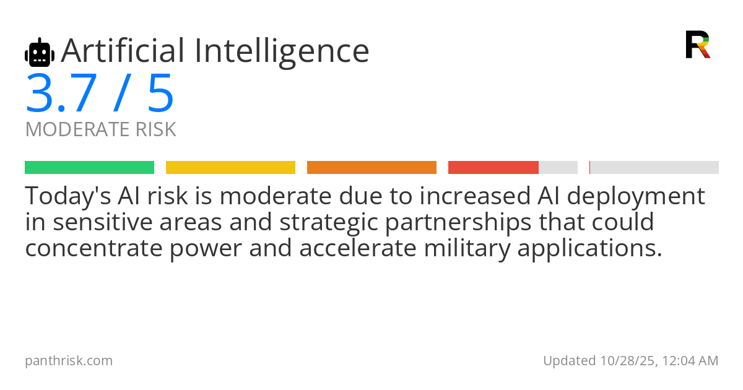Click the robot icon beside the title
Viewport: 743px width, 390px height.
(40, 52)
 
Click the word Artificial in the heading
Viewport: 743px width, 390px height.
(123, 50)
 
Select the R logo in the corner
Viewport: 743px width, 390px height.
(698, 45)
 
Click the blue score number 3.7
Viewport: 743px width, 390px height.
(61, 93)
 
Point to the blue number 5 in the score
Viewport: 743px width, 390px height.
(160, 93)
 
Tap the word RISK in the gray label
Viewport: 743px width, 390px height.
(155, 129)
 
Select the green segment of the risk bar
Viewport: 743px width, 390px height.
(90, 168)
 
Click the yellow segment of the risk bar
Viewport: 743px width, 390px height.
(230, 168)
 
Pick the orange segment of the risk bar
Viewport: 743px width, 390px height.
(371, 168)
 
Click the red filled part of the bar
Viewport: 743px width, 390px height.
(493, 168)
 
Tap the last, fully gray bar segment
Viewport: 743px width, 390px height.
(654, 168)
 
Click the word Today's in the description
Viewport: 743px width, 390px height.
(68, 196)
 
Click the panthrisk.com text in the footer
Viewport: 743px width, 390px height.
(69, 361)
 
